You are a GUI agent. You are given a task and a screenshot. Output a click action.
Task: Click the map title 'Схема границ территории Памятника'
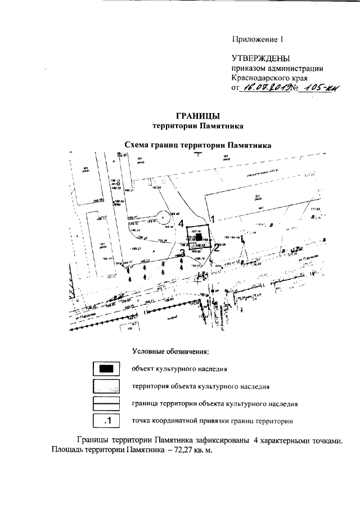pyautogui.click(x=197, y=145)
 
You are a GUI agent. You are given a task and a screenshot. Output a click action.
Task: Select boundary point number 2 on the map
pyautogui.click(x=216, y=249)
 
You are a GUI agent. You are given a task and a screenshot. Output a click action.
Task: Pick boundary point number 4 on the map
pyautogui.click(x=181, y=223)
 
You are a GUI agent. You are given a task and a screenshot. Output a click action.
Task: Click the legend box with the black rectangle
pyautogui.click(x=106, y=369)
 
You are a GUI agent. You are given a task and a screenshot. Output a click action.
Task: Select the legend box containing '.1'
pyautogui.click(x=106, y=420)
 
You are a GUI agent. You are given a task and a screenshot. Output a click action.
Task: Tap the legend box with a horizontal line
pyautogui.click(x=106, y=404)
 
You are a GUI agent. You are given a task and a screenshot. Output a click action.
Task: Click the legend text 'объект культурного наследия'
pyautogui.click(x=179, y=370)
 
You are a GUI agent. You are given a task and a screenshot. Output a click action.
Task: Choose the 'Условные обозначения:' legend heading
pyautogui.click(x=170, y=352)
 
